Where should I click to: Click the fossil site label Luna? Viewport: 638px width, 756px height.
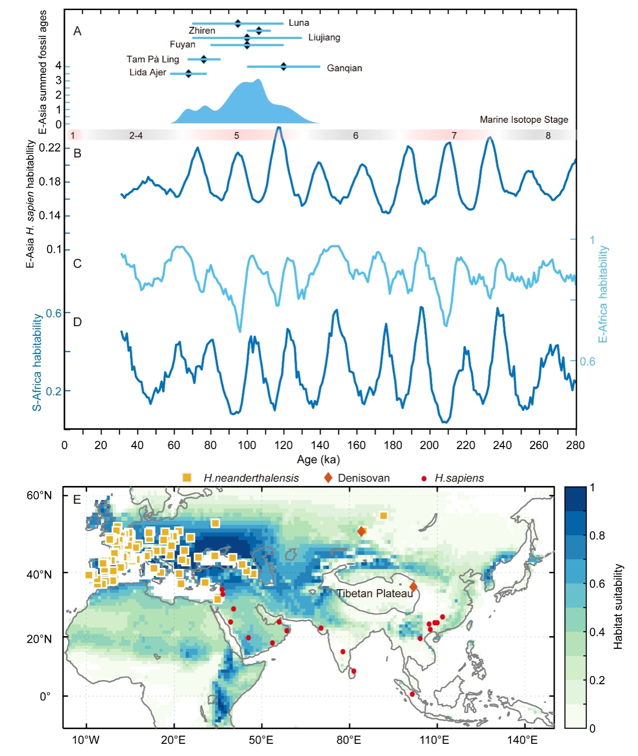click(299, 23)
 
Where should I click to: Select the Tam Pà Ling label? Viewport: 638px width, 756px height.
click(152, 59)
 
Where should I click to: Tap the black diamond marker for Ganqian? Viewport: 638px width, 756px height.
click(284, 66)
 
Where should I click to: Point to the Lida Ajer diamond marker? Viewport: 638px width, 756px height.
click(188, 74)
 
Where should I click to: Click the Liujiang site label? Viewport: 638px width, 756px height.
click(324, 37)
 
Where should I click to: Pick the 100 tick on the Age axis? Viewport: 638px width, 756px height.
click(247, 445)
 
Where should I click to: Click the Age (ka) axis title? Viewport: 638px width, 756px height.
click(318, 460)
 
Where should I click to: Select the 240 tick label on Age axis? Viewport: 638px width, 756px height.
click(502, 445)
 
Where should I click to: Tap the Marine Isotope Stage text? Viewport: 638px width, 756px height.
click(524, 120)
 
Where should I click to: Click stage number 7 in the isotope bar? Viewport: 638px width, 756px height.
click(454, 136)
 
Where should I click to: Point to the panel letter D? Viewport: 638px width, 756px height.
click(77, 322)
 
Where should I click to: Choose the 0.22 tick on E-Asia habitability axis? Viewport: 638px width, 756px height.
click(50, 148)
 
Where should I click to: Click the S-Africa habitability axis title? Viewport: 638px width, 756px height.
click(37, 362)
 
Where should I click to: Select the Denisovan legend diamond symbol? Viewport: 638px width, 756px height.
click(328, 478)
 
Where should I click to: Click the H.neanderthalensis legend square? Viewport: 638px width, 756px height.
click(187, 478)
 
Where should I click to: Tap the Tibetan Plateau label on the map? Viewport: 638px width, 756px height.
click(375, 594)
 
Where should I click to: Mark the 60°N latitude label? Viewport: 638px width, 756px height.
click(39, 496)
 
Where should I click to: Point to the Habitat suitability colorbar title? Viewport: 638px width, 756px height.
click(618, 607)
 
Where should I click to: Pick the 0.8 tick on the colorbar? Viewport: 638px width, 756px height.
click(597, 536)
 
